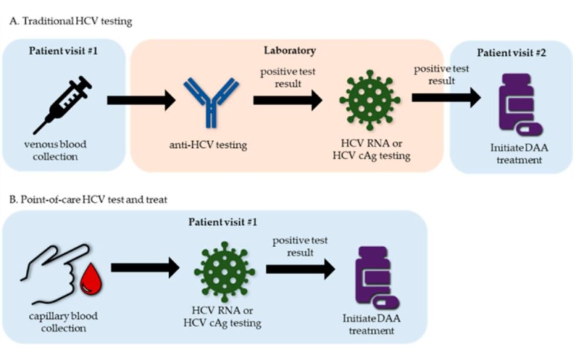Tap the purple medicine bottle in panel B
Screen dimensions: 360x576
(374, 274)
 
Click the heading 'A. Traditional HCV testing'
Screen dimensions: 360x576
(71, 22)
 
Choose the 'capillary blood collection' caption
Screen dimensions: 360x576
(62, 322)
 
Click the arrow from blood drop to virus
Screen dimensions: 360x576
(145, 268)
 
